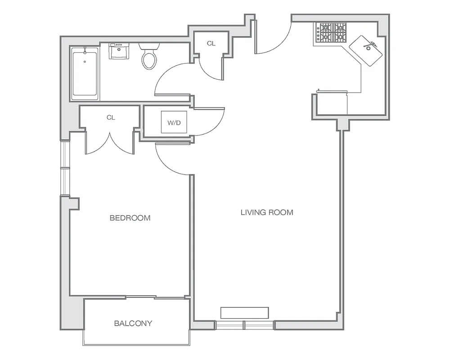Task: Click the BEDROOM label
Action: [x=130, y=218]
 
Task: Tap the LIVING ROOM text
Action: [x=267, y=212]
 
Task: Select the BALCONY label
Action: [x=133, y=323]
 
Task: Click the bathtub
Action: [x=85, y=73]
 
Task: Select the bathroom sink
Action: [x=119, y=51]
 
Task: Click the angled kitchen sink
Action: [x=367, y=50]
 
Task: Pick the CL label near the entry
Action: [x=211, y=44]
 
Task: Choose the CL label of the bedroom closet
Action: [x=111, y=117]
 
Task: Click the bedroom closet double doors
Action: [x=110, y=143]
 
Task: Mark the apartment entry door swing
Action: [x=274, y=38]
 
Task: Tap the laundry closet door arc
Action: [x=210, y=122]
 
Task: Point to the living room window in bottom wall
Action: [x=244, y=325]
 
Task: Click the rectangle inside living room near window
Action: [x=244, y=313]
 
